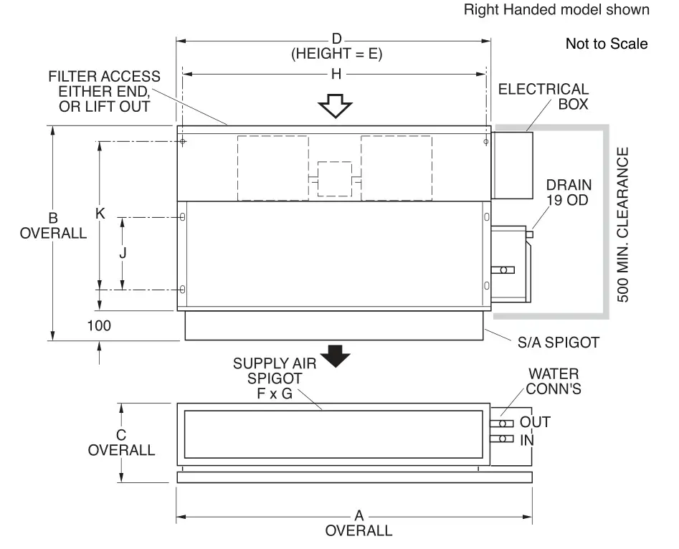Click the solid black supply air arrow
pos(335,354)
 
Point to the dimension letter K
pos(100,214)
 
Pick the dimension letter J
pos(123,252)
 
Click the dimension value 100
pos(99,325)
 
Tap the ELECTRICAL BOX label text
pos(543,97)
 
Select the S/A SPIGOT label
pos(558,343)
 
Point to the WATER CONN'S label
pos(554,381)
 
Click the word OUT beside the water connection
pos(535,422)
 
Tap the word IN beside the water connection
pos(527,439)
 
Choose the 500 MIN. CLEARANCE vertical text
pos(622,224)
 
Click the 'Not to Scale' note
pos(607,44)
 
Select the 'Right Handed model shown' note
pos(556,10)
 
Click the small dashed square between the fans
pos(334,178)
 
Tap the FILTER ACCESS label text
pos(105,91)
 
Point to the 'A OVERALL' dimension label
pos(359,524)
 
